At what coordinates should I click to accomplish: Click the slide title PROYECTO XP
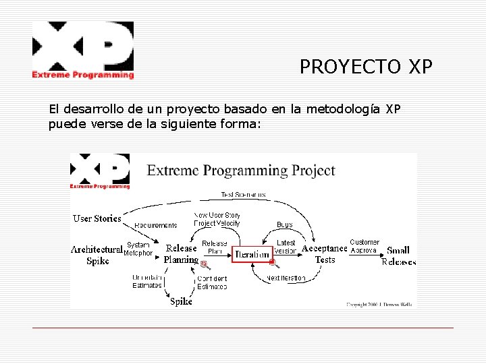(365, 67)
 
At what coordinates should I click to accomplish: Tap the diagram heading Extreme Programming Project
(241, 170)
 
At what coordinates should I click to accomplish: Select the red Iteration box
(252, 254)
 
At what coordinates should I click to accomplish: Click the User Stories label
(97, 218)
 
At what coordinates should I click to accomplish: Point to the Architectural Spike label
(97, 255)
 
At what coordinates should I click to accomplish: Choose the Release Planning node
(181, 253)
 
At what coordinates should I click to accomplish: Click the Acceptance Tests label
(324, 253)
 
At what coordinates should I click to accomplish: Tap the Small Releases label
(398, 255)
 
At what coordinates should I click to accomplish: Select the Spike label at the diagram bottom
(181, 301)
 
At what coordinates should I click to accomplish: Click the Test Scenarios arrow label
(243, 195)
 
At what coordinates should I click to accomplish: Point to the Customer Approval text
(364, 246)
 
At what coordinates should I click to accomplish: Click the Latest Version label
(286, 247)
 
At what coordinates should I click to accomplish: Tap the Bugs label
(285, 224)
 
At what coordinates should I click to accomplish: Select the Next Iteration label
(286, 278)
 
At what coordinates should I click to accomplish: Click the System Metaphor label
(138, 249)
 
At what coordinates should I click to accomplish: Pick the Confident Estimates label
(212, 282)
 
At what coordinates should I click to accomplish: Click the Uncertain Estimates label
(146, 281)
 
